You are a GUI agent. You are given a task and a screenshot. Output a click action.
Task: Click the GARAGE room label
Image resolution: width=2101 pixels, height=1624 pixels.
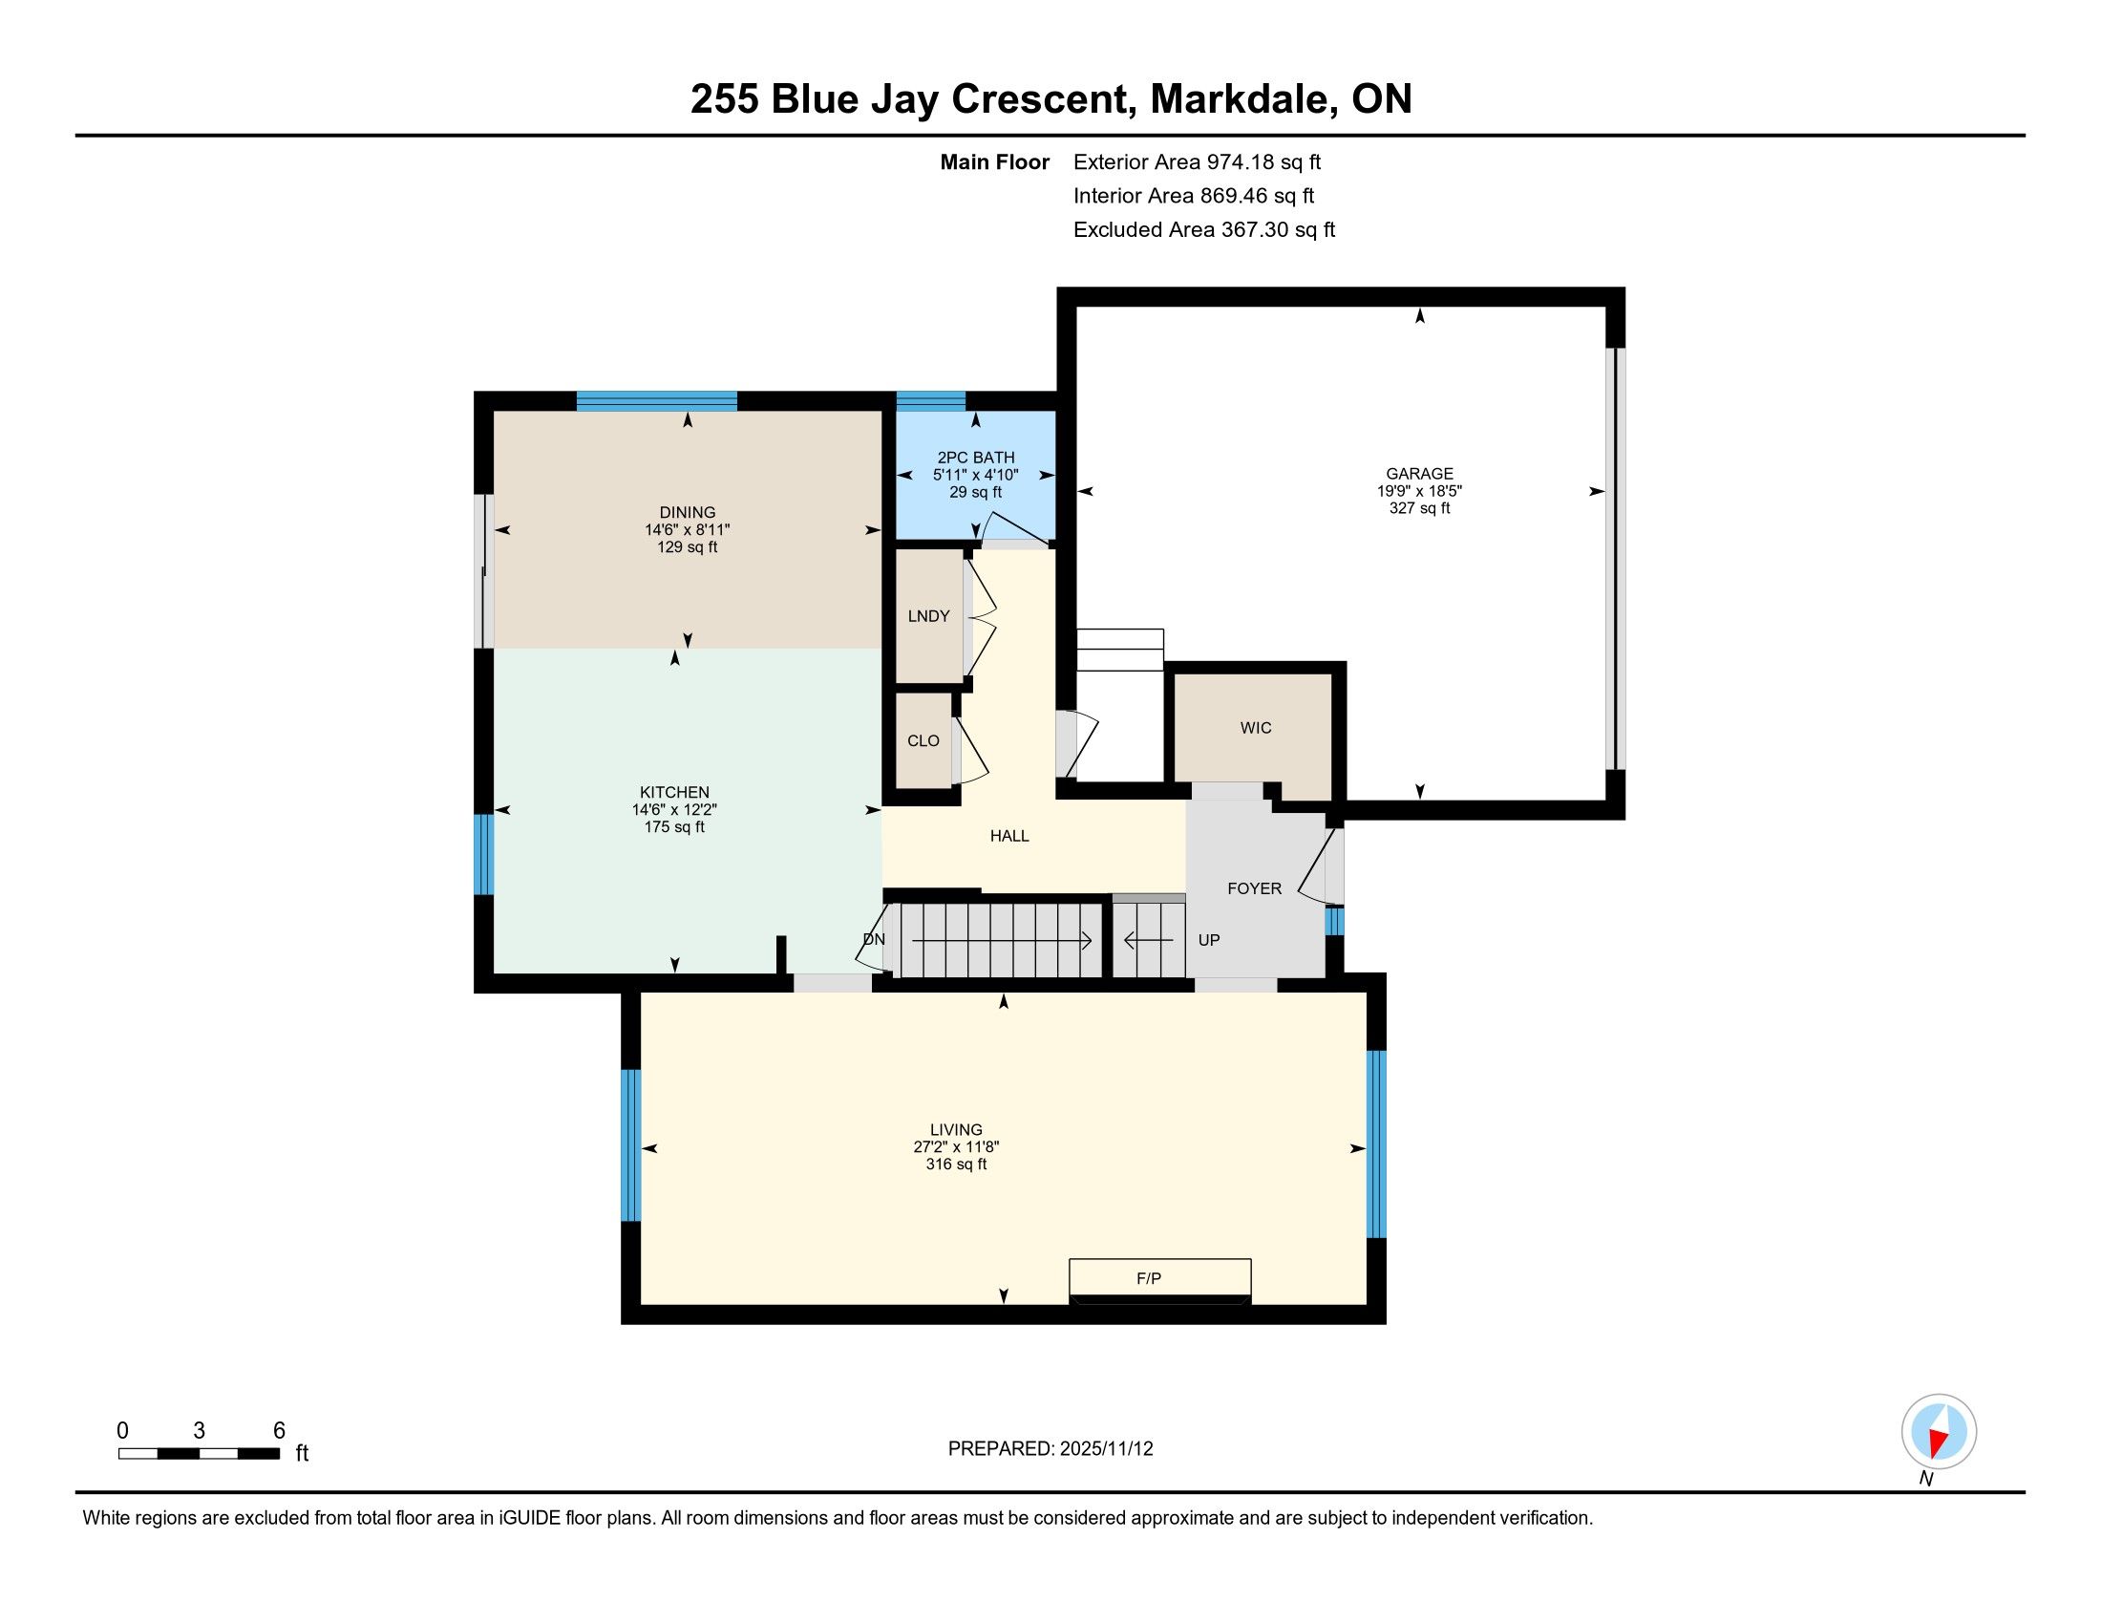coord(1419,473)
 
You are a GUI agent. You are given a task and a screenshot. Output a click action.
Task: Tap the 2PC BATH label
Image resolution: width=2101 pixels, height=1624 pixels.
coord(975,458)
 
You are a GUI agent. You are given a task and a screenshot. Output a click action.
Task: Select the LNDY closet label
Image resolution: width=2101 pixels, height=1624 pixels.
coord(928,616)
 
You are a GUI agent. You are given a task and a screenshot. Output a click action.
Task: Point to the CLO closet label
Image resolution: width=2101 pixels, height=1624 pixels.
coord(923,740)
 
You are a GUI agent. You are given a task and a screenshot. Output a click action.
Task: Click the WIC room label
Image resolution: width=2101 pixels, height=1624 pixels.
coord(1256,728)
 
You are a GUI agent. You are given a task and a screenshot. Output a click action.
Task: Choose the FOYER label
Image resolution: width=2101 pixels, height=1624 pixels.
coord(1255,889)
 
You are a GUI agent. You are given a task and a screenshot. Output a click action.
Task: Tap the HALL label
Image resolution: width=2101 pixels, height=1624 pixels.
coord(1009,836)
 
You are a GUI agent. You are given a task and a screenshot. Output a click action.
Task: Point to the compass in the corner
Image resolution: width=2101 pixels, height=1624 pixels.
coord(1939,1432)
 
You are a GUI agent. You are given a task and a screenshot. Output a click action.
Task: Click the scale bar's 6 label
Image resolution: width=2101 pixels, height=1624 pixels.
coord(279,1431)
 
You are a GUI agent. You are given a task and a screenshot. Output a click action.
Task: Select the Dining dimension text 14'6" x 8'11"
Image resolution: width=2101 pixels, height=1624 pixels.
coord(687,530)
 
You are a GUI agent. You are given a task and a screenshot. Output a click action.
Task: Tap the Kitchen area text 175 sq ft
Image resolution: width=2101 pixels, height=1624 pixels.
coord(674,827)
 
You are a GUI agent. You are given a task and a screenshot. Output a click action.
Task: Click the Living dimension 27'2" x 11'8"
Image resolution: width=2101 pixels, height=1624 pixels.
coord(956,1146)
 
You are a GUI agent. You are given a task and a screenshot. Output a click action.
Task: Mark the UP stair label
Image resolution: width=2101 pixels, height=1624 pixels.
coord(1208,940)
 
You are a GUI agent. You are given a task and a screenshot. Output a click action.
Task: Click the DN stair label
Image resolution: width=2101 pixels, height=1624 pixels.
coord(874,939)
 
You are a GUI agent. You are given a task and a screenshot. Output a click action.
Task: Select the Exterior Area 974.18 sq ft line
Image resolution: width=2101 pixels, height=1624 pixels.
coord(1197,161)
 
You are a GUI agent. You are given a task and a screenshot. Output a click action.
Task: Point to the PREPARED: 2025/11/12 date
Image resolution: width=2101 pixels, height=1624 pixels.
coord(1050,1449)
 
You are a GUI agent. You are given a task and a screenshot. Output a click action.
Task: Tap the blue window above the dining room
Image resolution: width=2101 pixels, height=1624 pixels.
coord(657,401)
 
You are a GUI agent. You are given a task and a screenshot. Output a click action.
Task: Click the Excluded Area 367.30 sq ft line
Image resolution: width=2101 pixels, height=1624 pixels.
coord(1204,229)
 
